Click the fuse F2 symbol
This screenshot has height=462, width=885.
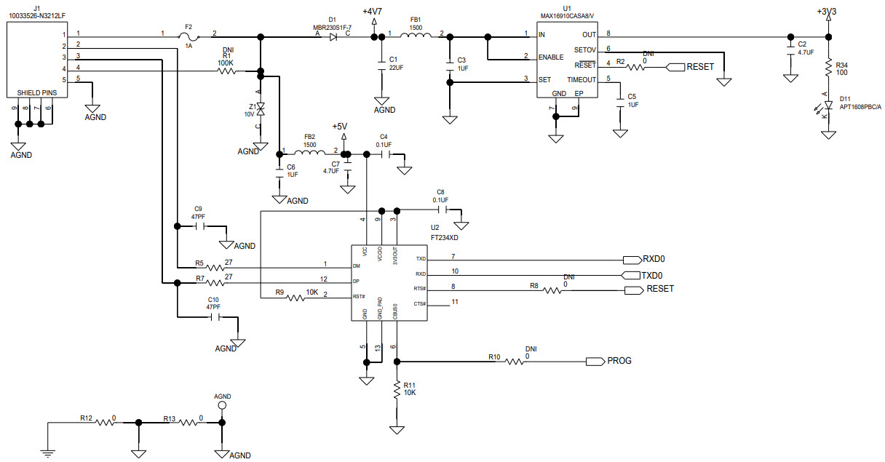pos(188,34)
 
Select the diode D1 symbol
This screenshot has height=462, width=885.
pos(333,35)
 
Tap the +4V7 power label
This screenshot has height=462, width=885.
pos(374,12)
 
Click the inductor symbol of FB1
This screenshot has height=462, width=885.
pos(415,34)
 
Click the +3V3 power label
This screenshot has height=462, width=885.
pos(828,12)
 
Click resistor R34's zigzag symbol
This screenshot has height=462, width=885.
pos(828,67)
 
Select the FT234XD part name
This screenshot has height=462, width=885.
pos(444,237)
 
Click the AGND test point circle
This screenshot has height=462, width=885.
pos(223,405)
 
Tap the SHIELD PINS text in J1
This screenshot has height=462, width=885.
pos(36,93)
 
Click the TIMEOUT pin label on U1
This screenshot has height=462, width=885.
pos(581,80)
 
